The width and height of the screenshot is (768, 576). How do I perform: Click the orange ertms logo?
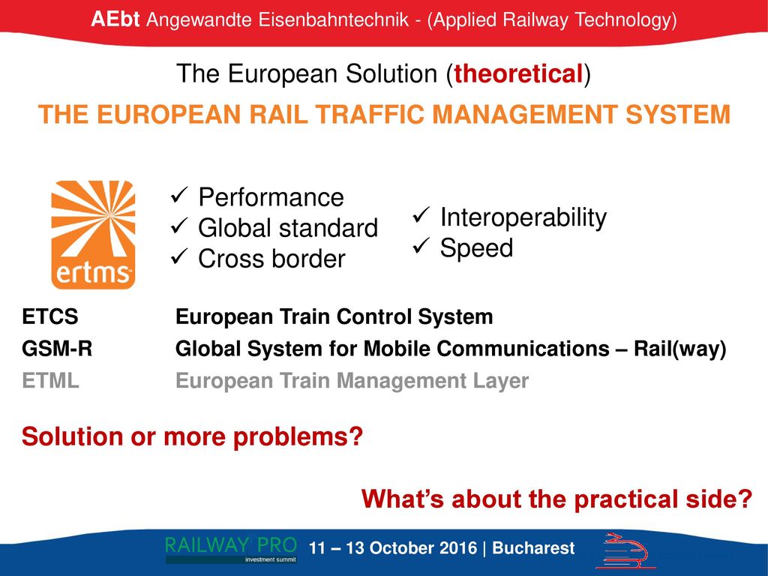93,235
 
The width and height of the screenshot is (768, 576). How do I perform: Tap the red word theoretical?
518,74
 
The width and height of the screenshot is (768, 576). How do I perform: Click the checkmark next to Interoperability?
421,215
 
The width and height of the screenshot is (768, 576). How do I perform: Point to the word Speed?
476,247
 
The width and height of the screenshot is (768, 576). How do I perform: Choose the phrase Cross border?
271,259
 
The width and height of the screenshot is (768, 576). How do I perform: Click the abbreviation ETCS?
50,316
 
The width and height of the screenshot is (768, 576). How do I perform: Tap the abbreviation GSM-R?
57,349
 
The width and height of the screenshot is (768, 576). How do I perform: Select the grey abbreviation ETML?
50,380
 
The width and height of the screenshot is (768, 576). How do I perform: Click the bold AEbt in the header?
115,19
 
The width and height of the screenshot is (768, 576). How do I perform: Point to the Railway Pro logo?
231,549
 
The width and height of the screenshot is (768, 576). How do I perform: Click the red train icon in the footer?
625,550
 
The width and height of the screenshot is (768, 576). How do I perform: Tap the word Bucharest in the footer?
533,547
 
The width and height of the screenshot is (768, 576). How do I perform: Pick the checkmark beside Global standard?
179,226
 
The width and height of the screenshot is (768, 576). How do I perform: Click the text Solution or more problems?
192,436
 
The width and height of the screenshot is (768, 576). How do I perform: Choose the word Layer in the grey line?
500,381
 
